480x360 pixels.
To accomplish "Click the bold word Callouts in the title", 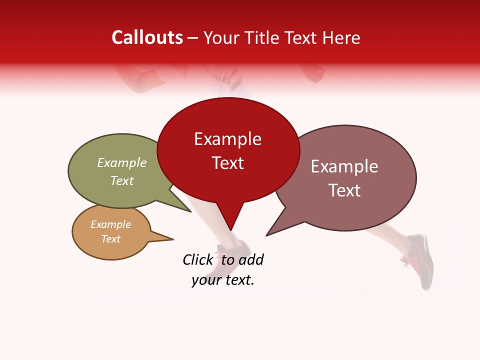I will pos(147,37).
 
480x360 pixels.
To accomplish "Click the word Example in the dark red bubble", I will pos(227,139).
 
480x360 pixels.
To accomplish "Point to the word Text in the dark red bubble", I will pos(227,163).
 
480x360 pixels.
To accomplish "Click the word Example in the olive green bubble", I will pos(122,163).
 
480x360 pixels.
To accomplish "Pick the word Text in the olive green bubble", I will pos(122,180).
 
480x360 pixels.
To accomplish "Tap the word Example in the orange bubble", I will pos(110,224).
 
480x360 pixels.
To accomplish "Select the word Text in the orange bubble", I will pos(110,239).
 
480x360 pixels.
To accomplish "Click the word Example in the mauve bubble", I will pos(344,166).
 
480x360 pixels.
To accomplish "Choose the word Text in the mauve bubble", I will pos(344,190).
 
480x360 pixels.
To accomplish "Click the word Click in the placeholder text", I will pos(197,259).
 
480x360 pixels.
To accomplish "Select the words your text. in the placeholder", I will pos(223,280).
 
